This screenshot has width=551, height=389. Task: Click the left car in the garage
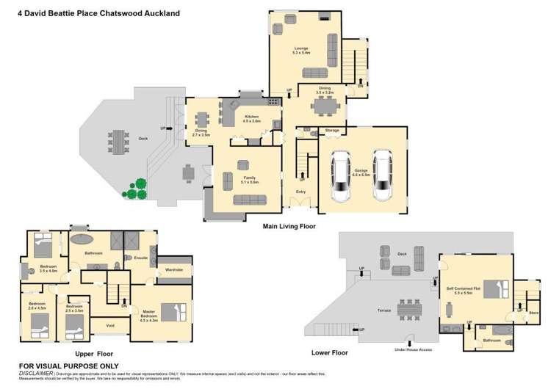[342, 176]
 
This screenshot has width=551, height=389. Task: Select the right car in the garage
[382, 176]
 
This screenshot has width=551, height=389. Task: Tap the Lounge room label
[301, 50]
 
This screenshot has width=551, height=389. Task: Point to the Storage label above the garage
[332, 130]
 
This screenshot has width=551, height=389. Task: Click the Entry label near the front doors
[301, 192]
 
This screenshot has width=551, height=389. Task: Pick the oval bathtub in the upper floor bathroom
[81, 239]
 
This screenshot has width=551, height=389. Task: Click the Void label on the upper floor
[110, 325]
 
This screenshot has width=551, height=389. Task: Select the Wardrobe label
[174, 269]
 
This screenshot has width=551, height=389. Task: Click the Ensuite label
[142, 258]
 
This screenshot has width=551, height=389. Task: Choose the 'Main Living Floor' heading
[289, 227]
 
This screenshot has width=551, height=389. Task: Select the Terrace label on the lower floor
[383, 311]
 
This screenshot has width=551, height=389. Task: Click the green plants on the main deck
[134, 189]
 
